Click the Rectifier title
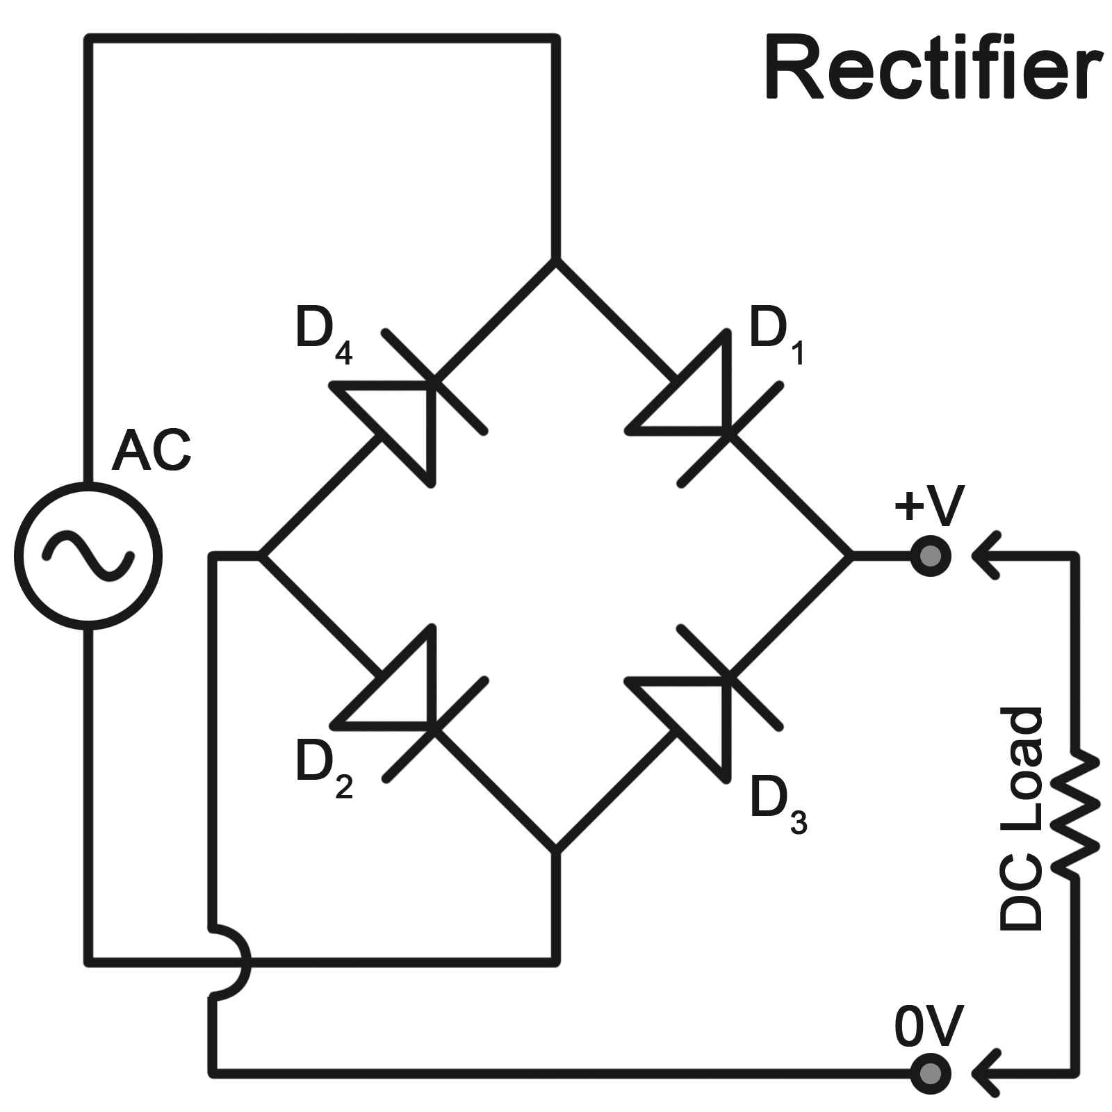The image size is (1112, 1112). click(x=933, y=69)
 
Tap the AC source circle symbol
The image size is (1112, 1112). click(x=88, y=556)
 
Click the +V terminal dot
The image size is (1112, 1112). click(x=931, y=556)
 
